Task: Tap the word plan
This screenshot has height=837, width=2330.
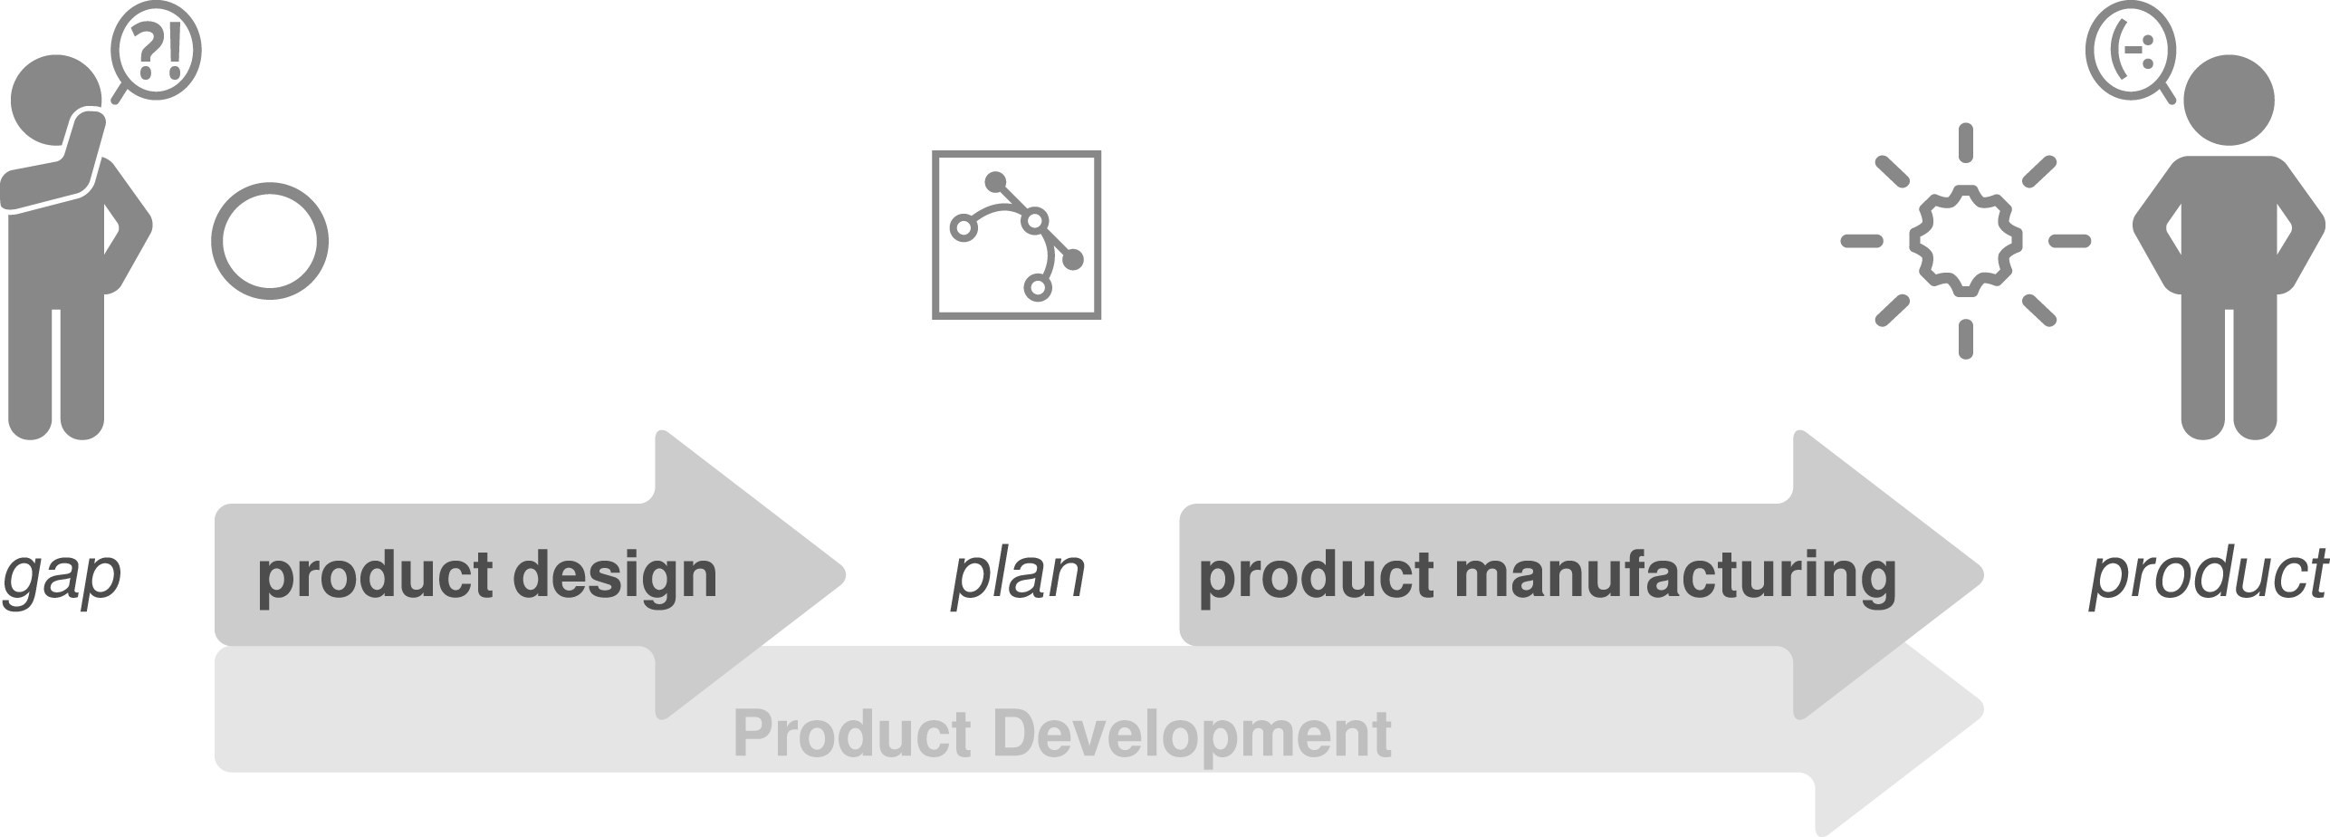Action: point(1018,574)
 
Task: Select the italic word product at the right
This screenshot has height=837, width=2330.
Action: point(2208,574)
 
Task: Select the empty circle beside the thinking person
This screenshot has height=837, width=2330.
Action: point(269,241)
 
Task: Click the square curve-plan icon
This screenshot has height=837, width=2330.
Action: point(1016,235)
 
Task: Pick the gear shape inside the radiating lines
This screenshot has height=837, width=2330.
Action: point(1965,241)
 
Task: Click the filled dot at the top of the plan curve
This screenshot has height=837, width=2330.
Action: point(995,181)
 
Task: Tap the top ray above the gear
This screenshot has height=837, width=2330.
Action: point(1965,142)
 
